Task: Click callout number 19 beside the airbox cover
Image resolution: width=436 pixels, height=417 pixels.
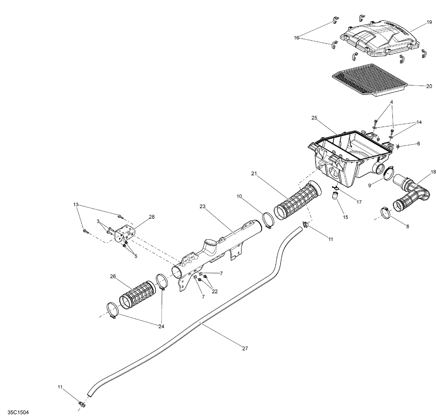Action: [430, 23]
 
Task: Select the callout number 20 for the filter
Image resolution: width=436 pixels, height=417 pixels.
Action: [429, 86]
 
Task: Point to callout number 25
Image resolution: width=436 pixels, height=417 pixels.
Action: [314, 118]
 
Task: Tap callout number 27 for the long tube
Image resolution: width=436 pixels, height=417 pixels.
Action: [245, 348]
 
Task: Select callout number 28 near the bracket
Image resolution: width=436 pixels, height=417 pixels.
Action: [152, 217]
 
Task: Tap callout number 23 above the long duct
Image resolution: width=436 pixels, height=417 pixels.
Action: [203, 206]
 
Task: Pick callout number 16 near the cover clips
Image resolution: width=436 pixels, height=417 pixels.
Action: [296, 38]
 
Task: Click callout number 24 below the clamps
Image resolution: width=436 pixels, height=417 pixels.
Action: [161, 327]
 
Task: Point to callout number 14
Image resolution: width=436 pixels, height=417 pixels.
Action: [419, 122]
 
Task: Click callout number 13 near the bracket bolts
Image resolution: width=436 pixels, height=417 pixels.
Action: [76, 204]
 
